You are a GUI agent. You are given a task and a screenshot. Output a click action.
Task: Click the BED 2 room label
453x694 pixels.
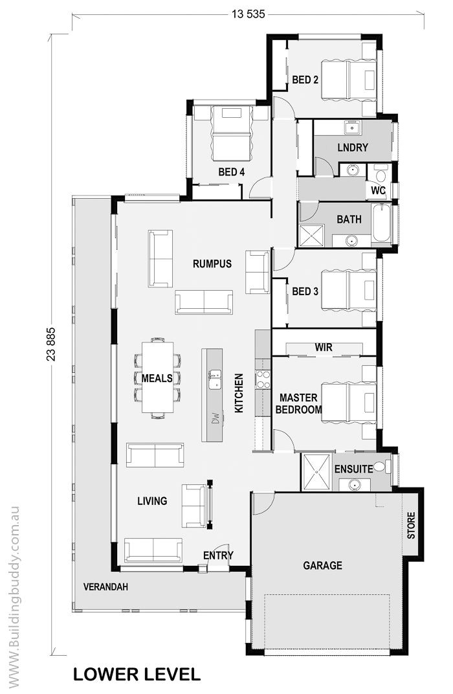click(x=305, y=80)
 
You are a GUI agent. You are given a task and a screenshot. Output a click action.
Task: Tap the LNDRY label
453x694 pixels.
click(x=353, y=148)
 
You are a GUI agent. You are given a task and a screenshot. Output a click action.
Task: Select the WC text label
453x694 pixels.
click(x=378, y=191)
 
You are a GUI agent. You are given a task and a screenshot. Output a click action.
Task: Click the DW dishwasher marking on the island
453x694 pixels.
click(x=215, y=418)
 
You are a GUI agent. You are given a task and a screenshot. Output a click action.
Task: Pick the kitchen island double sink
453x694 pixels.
click(x=215, y=379)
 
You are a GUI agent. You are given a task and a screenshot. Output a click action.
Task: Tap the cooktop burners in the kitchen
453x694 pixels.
click(x=263, y=379)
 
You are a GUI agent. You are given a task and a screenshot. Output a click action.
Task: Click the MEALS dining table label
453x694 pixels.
click(x=157, y=379)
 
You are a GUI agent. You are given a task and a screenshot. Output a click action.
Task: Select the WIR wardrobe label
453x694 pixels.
click(x=324, y=347)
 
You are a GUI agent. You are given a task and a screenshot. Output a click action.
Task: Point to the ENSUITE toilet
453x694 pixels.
click(x=382, y=467)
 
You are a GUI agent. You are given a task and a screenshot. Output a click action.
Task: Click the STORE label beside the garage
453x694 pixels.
click(x=411, y=526)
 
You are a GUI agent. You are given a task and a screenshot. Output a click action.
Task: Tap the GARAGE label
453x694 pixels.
click(x=322, y=565)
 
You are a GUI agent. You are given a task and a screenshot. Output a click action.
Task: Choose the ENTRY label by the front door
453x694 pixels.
click(x=218, y=555)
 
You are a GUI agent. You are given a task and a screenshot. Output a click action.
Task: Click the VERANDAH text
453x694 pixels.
click(x=105, y=587)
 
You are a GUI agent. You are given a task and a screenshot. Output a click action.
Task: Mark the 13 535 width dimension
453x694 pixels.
click(x=248, y=14)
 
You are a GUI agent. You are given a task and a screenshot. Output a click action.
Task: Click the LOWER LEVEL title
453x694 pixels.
click(x=137, y=675)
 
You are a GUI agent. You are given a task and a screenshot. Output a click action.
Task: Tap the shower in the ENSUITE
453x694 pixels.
click(x=316, y=472)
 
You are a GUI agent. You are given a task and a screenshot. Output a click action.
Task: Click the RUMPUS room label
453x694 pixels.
click(x=212, y=263)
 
